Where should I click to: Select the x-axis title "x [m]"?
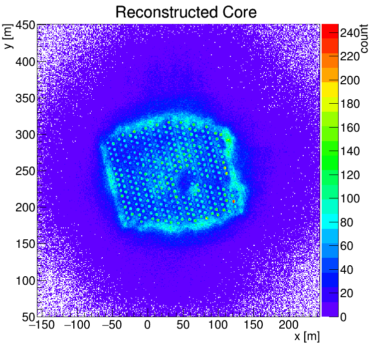coord(307,337)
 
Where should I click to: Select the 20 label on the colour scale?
coord(347,293)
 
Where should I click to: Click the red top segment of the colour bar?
coord(330,29)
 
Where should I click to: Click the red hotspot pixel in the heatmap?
coord(233,201)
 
